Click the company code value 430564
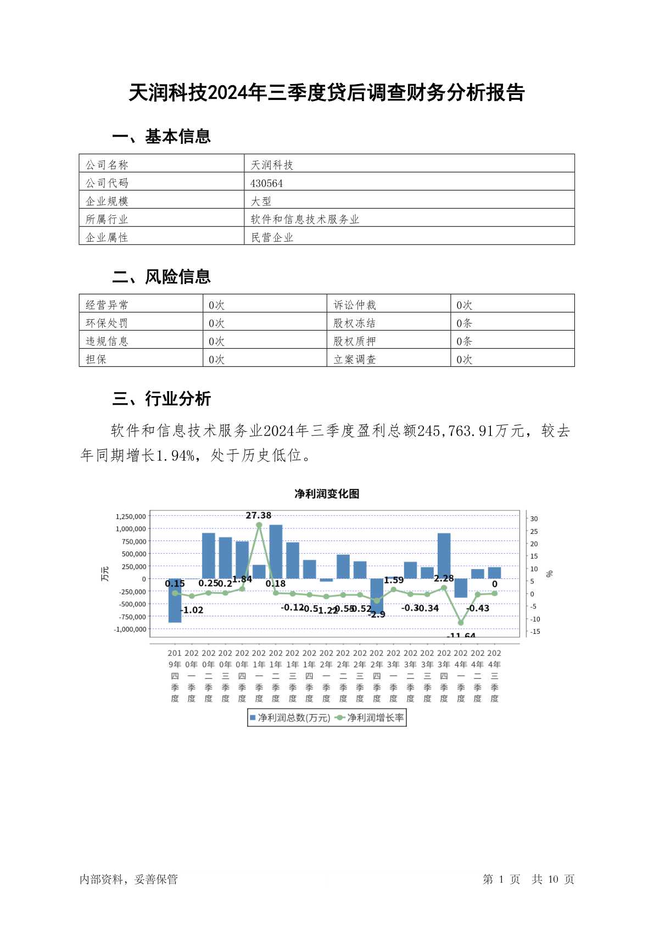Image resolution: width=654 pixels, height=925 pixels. pos(267,183)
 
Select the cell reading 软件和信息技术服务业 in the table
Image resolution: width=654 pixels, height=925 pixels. pos(305,219)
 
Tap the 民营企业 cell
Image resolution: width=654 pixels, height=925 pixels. pos(272,237)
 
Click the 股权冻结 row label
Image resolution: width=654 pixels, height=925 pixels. pos(355,323)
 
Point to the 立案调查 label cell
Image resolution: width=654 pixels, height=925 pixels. pos(355,359)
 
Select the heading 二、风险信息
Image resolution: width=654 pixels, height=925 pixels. pos(161,276)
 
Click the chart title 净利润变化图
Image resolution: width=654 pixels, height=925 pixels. pos(327,494)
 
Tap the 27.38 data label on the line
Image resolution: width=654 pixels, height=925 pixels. pos(259,515)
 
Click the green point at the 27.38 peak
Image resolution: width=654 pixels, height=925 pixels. pos(259,525)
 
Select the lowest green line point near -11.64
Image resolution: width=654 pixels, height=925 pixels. pos(461,623)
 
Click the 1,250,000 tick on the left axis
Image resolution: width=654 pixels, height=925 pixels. pos(131,516)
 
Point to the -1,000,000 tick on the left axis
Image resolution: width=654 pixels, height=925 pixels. pos(130,629)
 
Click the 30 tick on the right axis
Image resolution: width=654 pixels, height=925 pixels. pos(534,519)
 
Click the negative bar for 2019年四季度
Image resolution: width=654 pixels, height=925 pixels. pos(175,601)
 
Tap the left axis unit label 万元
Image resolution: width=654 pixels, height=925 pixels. pos(105,573)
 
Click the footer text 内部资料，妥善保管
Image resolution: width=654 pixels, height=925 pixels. pos(128,879)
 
